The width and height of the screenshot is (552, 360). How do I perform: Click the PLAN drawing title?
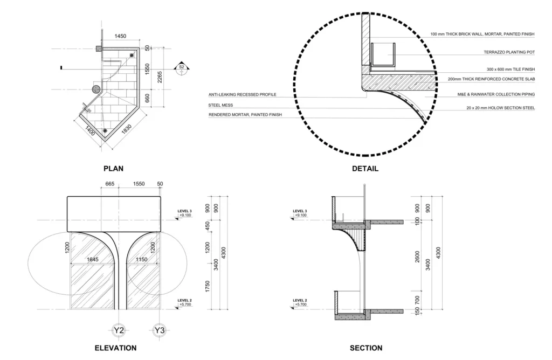113,169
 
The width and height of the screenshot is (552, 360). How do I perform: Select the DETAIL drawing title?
365,169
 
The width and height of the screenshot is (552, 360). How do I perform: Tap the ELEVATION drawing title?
115,348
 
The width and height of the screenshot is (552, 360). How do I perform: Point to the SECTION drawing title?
366,348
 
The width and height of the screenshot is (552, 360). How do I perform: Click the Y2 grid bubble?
119,330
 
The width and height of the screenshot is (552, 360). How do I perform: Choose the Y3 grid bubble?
160,330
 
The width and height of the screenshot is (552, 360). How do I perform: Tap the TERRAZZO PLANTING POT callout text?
509,52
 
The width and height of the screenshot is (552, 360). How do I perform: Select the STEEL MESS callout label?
220,105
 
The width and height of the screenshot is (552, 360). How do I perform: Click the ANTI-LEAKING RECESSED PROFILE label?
242,95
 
